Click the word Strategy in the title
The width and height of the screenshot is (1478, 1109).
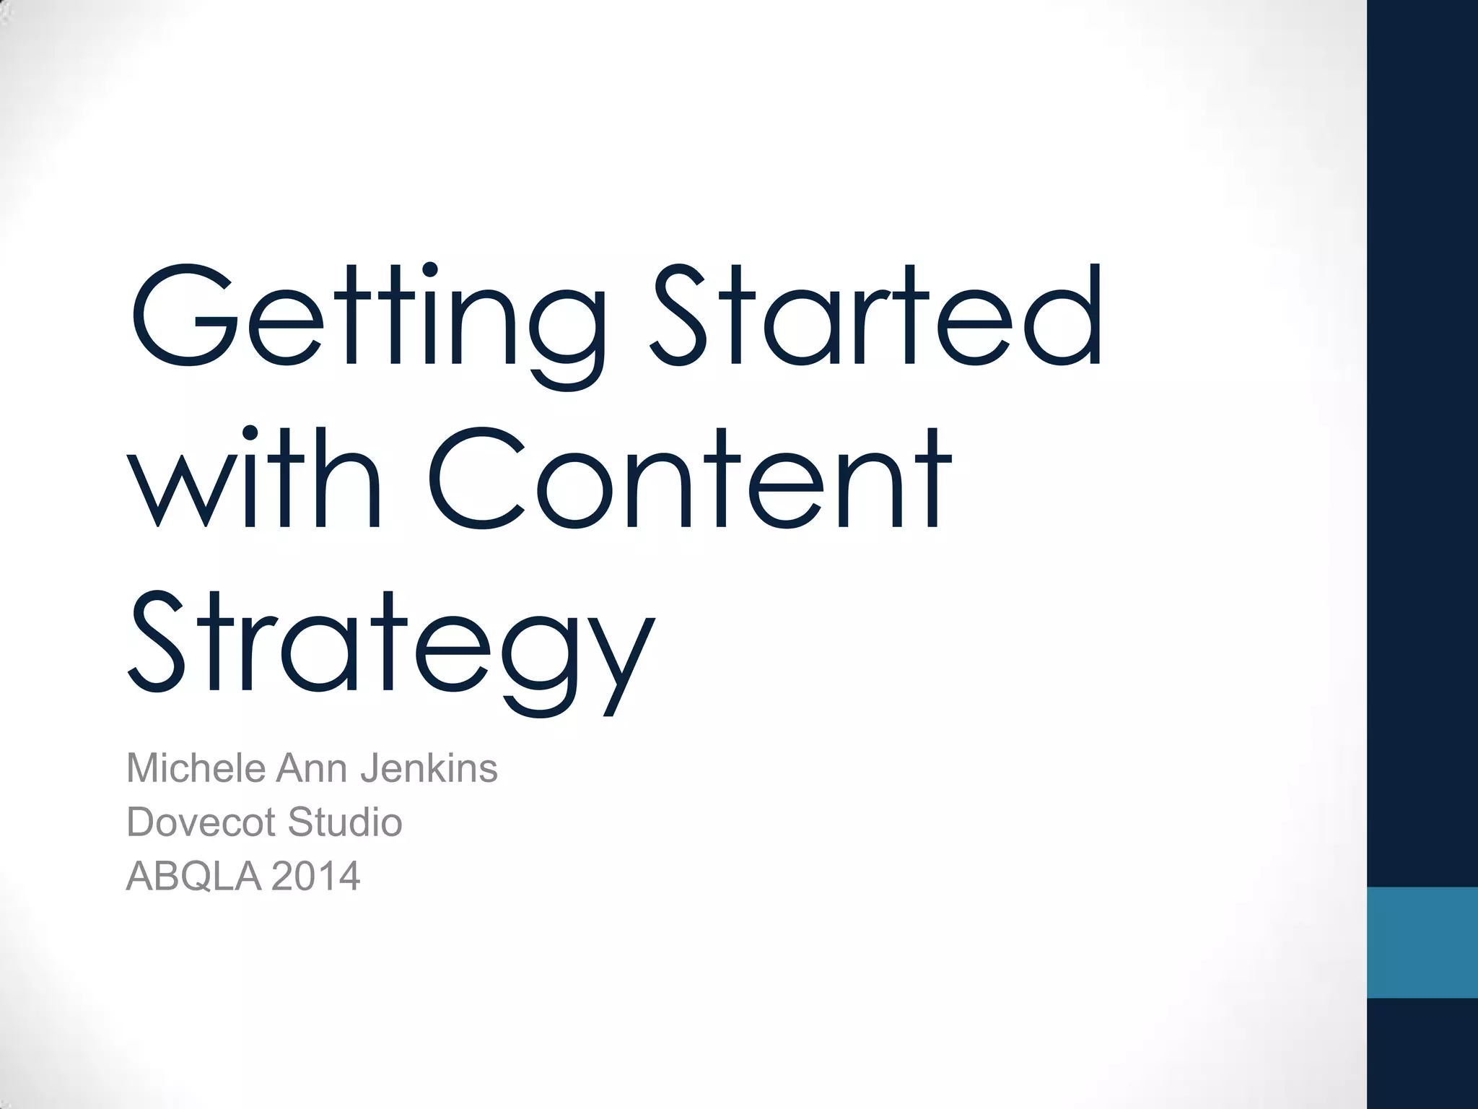point(390,646)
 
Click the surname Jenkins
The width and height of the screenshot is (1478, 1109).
point(429,768)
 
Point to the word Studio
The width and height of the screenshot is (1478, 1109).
point(345,822)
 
